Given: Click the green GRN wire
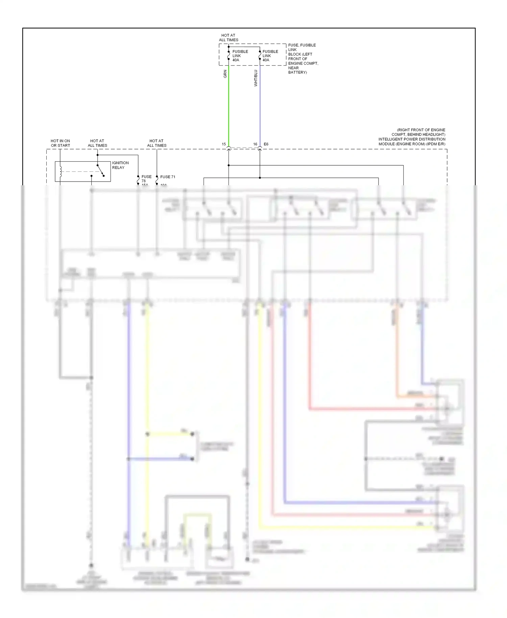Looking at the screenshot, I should (x=229, y=108).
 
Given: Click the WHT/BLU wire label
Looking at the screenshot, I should (x=256, y=78).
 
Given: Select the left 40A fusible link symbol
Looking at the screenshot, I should (x=229, y=54).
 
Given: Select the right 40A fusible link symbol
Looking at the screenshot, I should (x=260, y=54).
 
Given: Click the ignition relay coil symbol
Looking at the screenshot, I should (x=61, y=171).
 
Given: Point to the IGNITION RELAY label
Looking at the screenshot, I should (x=120, y=165).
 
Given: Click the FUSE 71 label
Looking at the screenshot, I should (x=168, y=177).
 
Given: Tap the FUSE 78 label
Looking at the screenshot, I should (x=146, y=179).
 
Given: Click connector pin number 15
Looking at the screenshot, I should (x=224, y=144).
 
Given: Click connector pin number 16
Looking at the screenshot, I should (x=255, y=144).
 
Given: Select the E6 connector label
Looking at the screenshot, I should (x=266, y=144).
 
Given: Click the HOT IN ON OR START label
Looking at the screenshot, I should (x=61, y=143).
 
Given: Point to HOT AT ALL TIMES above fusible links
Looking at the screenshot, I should (x=228, y=38).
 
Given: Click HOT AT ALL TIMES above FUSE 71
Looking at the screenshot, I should (x=156, y=143).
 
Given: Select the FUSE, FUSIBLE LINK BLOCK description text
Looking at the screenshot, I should (x=303, y=58).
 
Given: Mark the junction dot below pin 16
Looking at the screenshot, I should (x=260, y=178).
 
